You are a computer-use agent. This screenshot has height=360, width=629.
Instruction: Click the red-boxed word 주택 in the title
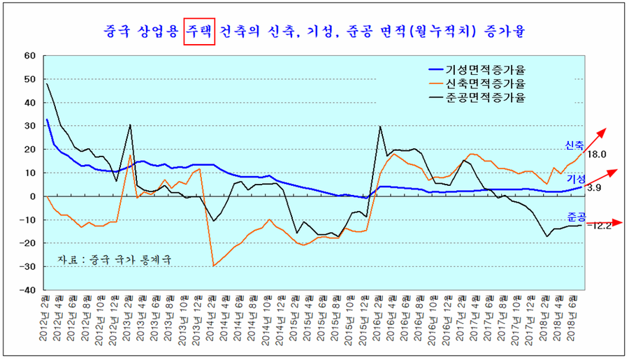point(199,31)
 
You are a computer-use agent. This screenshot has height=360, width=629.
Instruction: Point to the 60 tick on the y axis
point(29,55)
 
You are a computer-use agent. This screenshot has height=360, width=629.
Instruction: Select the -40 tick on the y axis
point(27,289)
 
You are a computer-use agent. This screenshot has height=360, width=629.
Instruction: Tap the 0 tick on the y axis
point(33,196)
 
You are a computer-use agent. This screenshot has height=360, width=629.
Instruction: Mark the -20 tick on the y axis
point(27,243)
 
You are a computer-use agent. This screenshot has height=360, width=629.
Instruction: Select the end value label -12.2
point(598,225)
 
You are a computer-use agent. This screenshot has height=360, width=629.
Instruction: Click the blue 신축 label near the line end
point(574,145)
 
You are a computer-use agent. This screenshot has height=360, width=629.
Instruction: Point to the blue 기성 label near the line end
point(574,180)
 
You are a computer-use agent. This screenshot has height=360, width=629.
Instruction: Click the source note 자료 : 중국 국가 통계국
point(114,259)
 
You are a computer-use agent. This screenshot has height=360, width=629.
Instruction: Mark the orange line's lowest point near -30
point(213,266)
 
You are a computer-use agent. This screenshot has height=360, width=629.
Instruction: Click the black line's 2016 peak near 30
point(379,127)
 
